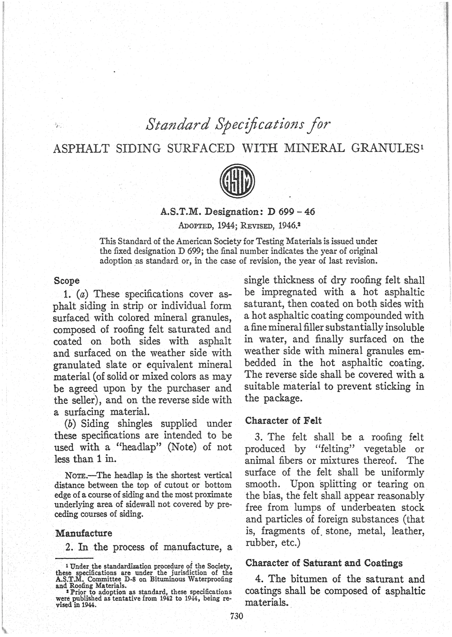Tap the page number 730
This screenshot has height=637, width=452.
point(236,616)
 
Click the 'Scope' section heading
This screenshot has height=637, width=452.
point(67,280)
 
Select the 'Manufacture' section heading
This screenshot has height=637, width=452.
point(84,532)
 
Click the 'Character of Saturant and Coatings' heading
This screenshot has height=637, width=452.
point(324,563)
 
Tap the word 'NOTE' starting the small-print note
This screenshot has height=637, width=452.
point(76,475)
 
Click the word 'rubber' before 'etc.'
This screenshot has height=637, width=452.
point(258,542)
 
